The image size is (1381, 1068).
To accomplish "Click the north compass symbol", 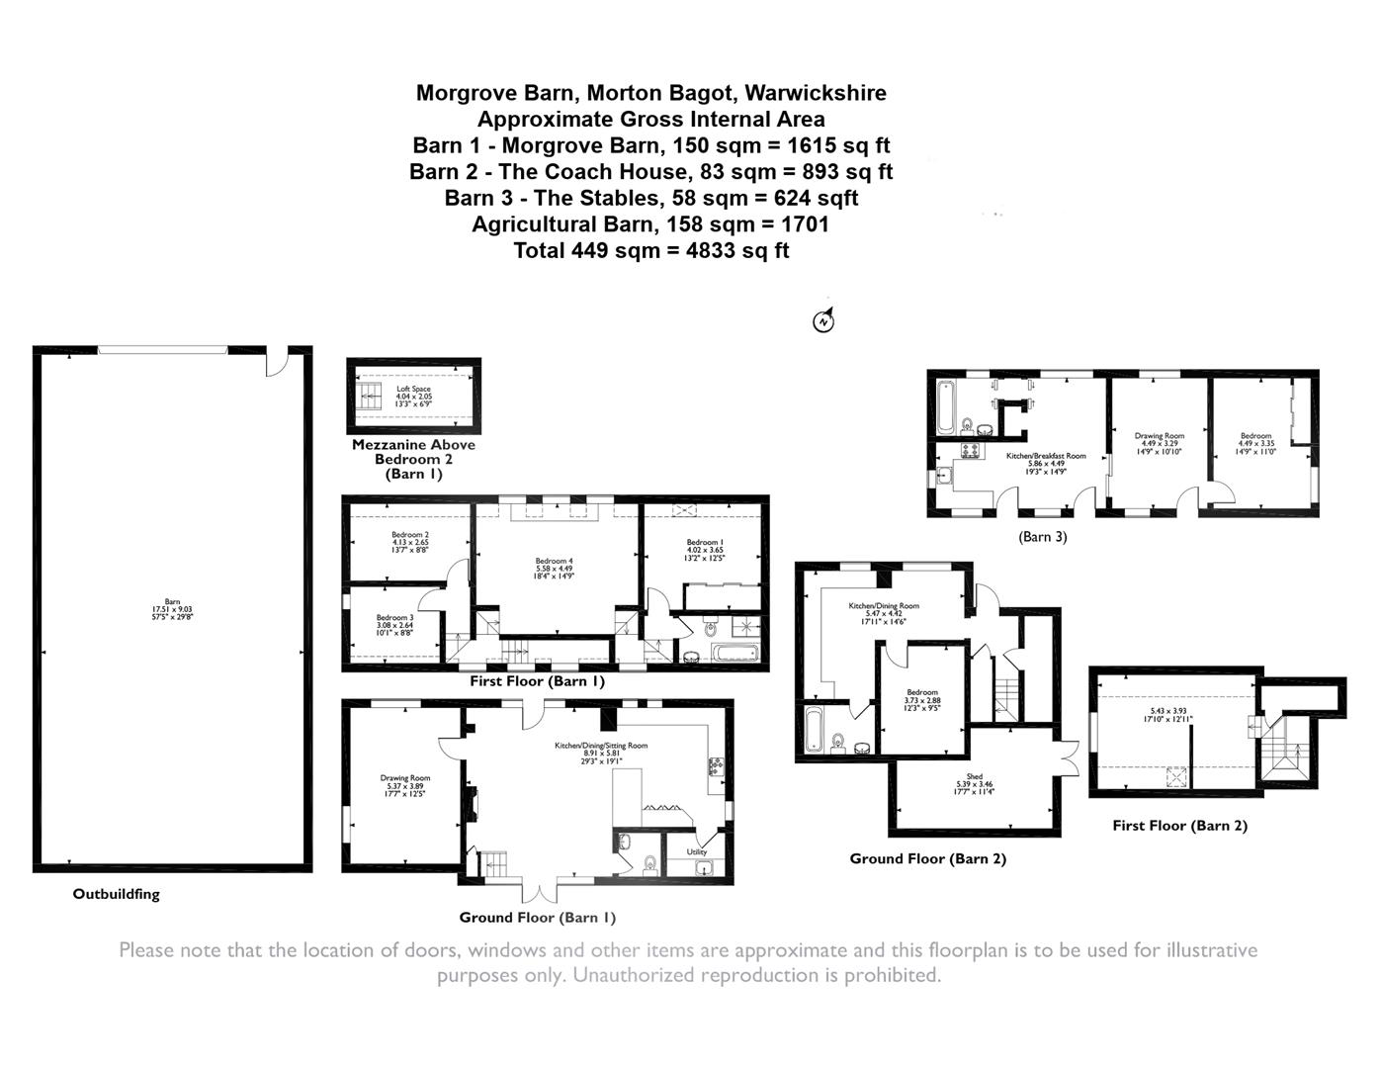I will tap(822, 320).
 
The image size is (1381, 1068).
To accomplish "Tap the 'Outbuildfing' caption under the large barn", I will tap(116, 894).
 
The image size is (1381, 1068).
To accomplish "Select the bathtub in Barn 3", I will tap(943, 408).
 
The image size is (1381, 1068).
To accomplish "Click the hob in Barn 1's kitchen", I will tap(715, 766).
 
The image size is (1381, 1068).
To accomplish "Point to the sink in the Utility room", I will tap(704, 869).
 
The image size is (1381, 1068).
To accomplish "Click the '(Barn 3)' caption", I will tap(1043, 537).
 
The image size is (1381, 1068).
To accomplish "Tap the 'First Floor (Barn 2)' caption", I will tap(1179, 825).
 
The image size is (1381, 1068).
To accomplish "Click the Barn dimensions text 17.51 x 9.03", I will tap(173, 610).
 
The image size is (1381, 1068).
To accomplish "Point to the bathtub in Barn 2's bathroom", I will tap(814, 730).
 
